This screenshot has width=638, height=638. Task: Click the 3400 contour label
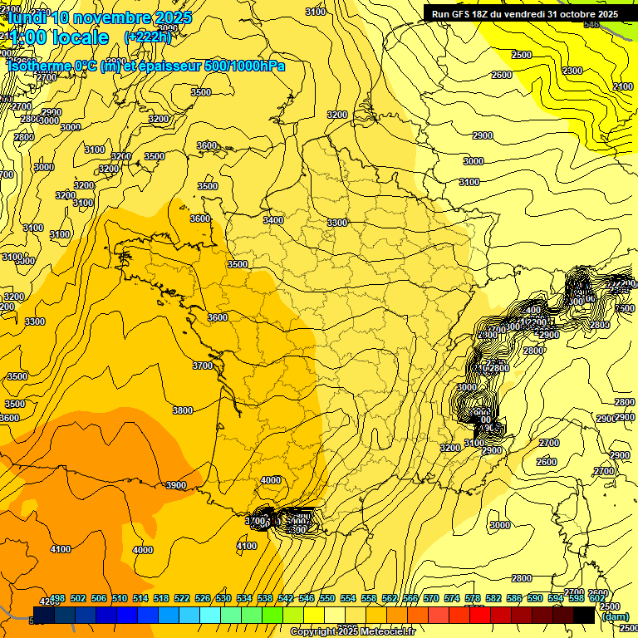[273, 220]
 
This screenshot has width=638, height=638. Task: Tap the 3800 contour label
[183, 410]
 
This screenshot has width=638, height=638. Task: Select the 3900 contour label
[176, 485]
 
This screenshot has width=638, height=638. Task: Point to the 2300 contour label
[572, 71]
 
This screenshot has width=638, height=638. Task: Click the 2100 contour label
[623, 87]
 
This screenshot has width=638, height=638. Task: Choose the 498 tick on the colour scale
[57, 598]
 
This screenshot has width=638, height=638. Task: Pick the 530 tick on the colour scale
[223, 598]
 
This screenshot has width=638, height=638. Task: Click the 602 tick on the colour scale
[596, 598]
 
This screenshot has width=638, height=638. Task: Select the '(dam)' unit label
[616, 616]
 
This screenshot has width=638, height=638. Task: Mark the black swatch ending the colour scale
[584, 615]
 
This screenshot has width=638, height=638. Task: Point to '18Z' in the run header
[483, 14]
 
